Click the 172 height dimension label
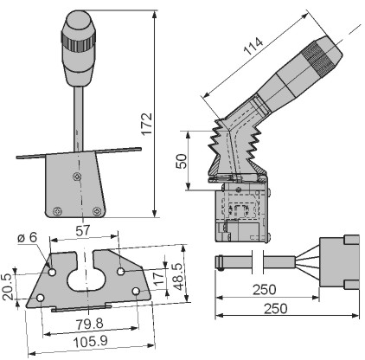[147, 124]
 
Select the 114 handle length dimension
[253, 46]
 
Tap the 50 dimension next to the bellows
[182, 161]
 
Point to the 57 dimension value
[83, 231]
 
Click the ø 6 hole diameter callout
[28, 237]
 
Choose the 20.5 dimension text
[8, 286]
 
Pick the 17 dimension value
[159, 279]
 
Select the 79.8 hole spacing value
[90, 324]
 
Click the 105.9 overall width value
[91, 342]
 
